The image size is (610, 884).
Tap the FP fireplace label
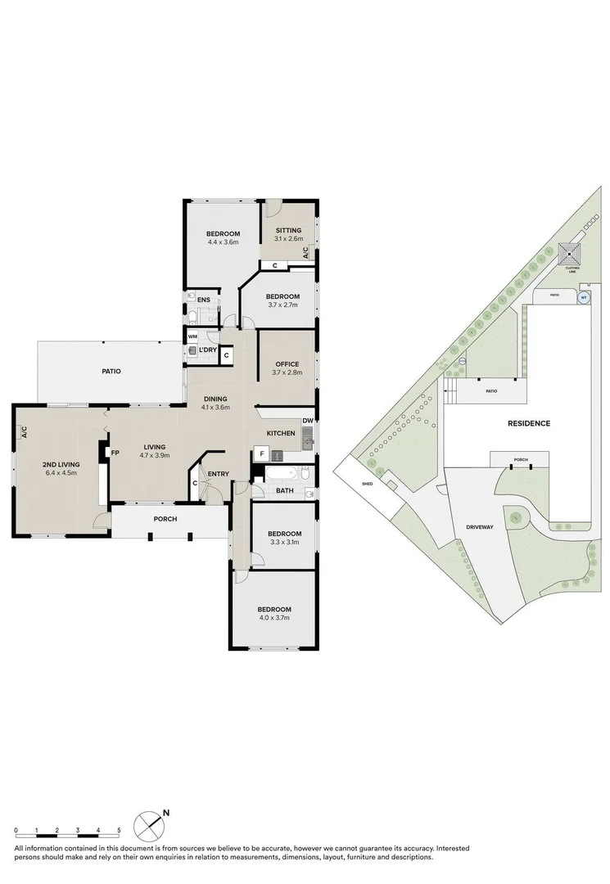[115, 453]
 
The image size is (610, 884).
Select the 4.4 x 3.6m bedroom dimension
[223, 242]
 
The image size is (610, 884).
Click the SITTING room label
[288, 230]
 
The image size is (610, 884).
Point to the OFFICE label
[287, 363]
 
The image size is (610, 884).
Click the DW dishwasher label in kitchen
[307, 422]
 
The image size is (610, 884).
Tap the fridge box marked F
[261, 453]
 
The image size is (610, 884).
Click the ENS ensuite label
[204, 300]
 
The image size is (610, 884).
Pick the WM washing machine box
[193, 336]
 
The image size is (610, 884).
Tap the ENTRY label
[218, 474]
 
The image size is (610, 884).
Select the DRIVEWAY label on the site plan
[479, 527]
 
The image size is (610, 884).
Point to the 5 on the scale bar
[119, 831]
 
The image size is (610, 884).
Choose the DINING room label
[215, 398]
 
